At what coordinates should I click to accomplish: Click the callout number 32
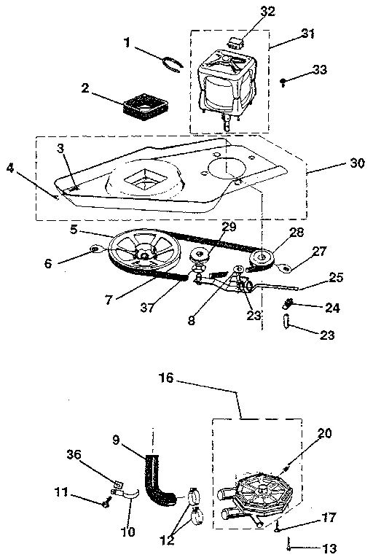tap(248, 12)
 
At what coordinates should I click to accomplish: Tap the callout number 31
tap(308, 34)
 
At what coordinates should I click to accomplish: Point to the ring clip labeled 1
tap(173, 62)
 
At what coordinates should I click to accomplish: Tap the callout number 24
tap(331, 308)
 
